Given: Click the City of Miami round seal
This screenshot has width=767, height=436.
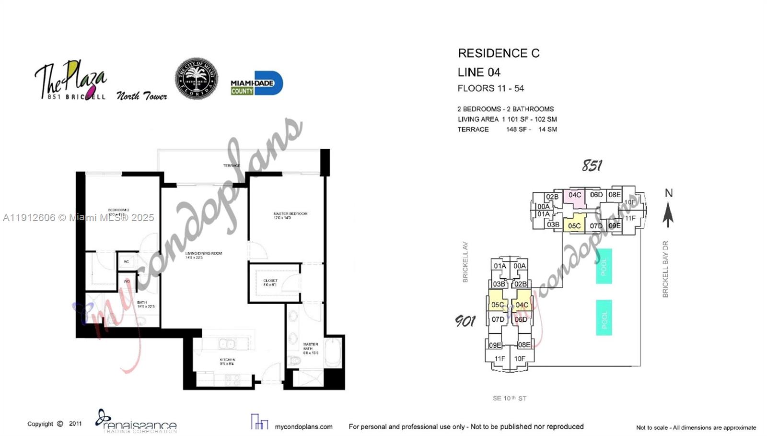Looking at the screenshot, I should [x=196, y=79].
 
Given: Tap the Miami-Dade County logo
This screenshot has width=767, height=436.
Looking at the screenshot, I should [x=256, y=84].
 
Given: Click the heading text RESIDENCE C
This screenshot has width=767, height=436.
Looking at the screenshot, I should [x=499, y=53].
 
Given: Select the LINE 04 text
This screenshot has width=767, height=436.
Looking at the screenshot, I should [x=479, y=72].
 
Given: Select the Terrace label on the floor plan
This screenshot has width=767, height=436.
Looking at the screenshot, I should [x=232, y=165].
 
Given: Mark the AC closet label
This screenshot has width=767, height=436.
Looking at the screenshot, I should [x=127, y=261].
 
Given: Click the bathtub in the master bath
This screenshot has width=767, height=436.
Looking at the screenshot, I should [x=334, y=354].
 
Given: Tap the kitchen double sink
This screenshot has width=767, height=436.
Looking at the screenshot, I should [x=227, y=343].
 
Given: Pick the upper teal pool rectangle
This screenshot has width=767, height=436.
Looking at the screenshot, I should [x=604, y=266].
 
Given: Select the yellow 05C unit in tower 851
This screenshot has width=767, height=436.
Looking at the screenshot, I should [x=574, y=225].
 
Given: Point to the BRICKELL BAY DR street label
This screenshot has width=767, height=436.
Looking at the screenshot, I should [x=665, y=269].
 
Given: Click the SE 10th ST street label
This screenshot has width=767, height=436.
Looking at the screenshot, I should [x=509, y=398].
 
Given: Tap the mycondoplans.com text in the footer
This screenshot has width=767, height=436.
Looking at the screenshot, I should [x=303, y=426].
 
